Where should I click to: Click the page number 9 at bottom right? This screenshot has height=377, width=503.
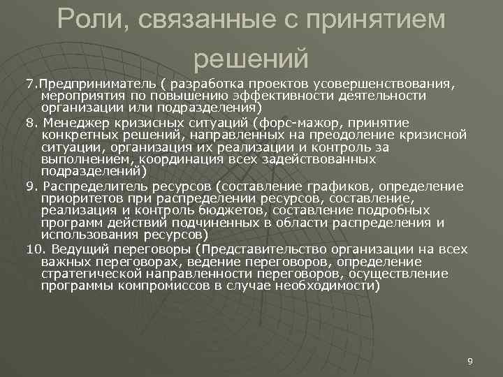point(469,361)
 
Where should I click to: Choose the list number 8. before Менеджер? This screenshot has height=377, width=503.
point(31,121)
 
